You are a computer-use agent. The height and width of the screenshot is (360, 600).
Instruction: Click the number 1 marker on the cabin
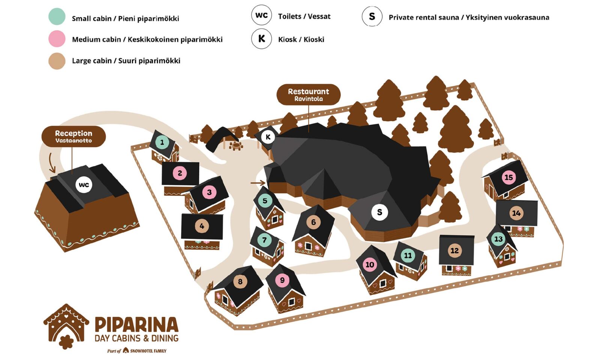162,142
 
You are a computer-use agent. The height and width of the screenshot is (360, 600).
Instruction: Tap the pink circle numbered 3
209,192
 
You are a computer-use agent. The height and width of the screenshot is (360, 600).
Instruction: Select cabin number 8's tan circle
240,281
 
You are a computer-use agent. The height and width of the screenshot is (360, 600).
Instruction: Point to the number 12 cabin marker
454,250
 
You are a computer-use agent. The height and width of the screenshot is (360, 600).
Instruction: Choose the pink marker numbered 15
508,177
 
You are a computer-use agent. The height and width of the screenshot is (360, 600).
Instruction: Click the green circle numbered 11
408,255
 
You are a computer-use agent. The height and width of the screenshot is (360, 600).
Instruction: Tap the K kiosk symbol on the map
268,137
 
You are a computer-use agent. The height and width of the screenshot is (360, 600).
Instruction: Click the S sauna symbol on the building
379,212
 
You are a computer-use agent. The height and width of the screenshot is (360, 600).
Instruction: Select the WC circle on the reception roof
84,184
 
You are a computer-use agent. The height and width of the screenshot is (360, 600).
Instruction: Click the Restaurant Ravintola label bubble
308,94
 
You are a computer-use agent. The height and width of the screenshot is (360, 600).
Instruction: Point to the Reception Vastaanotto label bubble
73,136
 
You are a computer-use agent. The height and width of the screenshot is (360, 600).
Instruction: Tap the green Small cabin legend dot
57,17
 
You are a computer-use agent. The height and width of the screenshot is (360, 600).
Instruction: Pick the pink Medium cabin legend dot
57,39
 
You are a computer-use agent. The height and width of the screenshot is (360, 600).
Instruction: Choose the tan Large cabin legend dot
57,61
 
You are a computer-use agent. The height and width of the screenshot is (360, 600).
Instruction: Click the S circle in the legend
372,16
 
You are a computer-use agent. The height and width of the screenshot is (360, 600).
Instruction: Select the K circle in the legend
261,39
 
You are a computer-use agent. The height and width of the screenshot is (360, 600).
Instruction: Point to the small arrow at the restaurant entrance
258,183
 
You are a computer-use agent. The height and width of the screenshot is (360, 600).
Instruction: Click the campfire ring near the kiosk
236,145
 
